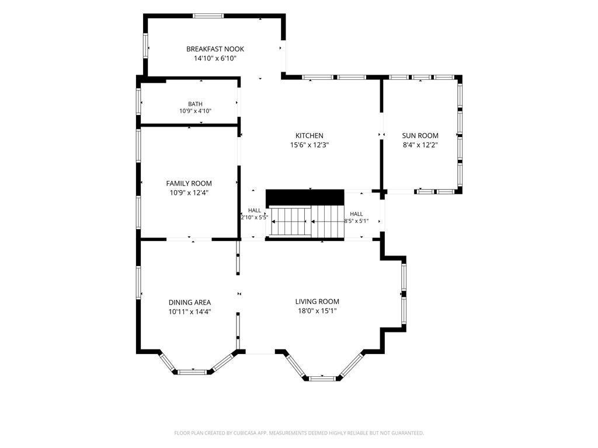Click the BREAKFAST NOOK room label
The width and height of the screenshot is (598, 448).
pos(215,49)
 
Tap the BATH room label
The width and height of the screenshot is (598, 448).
pos(195,104)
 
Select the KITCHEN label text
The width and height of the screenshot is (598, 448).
pos(310,135)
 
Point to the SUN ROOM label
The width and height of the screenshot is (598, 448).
pos(420,135)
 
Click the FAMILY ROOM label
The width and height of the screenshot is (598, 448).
pos(189,184)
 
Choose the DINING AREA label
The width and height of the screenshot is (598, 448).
pos(190,303)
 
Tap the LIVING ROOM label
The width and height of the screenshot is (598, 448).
pos(317,302)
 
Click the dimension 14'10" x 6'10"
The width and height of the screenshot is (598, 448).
pos(215,59)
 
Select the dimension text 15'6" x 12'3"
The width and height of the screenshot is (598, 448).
pos(310,145)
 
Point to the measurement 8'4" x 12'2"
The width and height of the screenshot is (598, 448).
pos(420,145)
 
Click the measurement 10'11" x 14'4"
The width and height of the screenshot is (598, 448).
pos(190,312)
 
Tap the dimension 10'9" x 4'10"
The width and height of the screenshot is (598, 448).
pos(195,111)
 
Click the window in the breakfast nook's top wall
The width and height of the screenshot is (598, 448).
pos(207,16)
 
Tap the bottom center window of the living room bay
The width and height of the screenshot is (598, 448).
pos(322,379)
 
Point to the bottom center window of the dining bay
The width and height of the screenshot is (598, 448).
pos(192,372)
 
